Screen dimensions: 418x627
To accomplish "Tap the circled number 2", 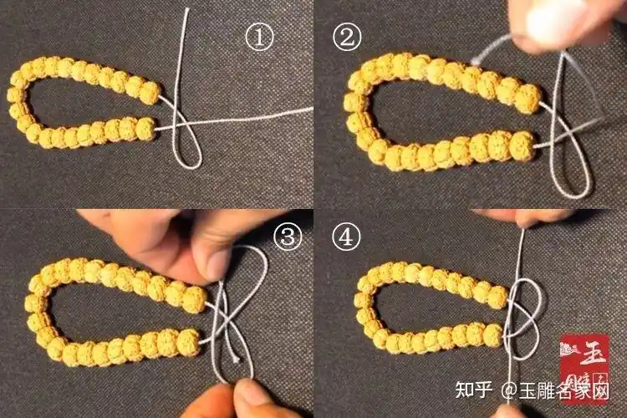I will coord(346,36).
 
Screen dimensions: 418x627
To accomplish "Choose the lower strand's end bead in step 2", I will coord(522,143).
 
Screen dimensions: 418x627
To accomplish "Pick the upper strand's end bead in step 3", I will coord(194,298).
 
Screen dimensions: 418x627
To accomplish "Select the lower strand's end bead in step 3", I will coord(189,339).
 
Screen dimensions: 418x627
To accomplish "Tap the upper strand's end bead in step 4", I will coord(497,297).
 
